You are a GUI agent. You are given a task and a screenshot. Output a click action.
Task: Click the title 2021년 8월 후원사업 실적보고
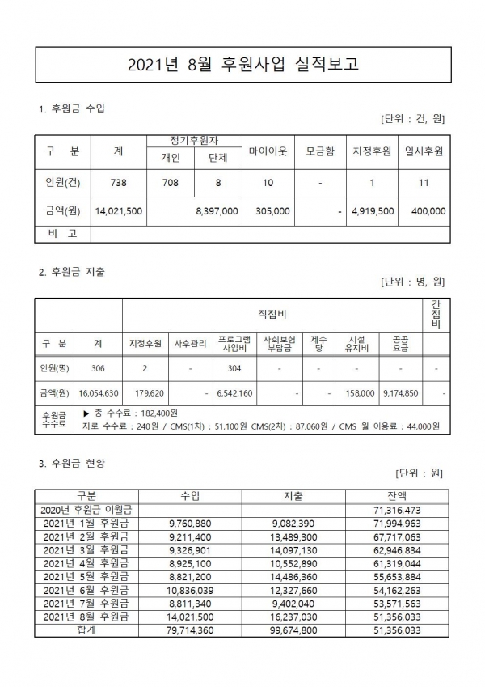242,64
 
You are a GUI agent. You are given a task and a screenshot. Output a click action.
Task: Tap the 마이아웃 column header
268,151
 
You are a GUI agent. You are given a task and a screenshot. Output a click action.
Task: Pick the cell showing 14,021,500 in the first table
119,210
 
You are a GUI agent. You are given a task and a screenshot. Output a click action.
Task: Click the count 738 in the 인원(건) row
119,183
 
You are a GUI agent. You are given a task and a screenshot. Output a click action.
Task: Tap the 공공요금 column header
399,343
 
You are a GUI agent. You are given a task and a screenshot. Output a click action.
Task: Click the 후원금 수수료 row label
54,418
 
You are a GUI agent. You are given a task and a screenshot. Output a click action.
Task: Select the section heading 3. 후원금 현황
72,464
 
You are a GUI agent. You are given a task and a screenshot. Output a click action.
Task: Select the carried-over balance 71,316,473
398,510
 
